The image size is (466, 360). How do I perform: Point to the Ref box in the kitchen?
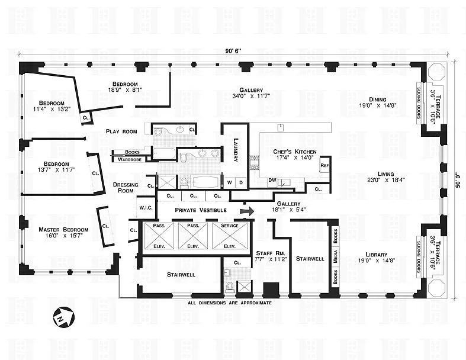[324, 165]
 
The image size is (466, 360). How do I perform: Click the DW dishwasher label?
[272, 179]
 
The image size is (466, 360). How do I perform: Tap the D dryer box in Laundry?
[240, 182]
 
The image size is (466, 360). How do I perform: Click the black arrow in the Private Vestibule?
[248, 210]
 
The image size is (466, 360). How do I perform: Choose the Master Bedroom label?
[63, 230]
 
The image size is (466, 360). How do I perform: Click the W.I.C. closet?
[146, 208]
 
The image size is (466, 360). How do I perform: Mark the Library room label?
[376, 255]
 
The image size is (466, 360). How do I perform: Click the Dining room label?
[377, 99]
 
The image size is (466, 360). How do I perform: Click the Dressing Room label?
[126, 188]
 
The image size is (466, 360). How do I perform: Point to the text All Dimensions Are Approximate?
[230, 303]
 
